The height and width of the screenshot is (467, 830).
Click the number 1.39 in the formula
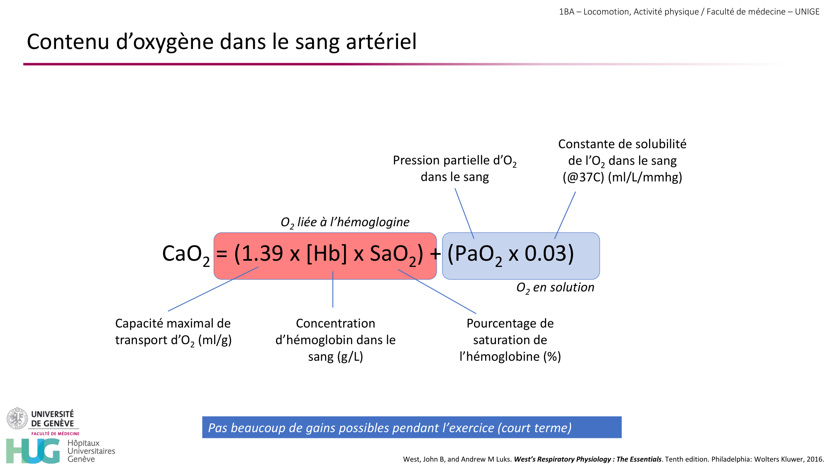(x=262, y=254)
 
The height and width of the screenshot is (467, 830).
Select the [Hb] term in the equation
(x=326, y=254)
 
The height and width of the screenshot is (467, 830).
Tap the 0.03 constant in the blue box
(x=546, y=254)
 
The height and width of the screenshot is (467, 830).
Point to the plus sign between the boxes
(x=435, y=254)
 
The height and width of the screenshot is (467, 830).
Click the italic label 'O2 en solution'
(x=555, y=287)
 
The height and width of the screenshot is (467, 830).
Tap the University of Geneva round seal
(x=17, y=418)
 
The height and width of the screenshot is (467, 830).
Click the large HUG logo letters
(x=33, y=451)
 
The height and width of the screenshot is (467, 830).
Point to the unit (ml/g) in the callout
(x=215, y=340)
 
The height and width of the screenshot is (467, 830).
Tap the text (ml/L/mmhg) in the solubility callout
(x=645, y=177)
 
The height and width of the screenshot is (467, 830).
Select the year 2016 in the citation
(x=815, y=459)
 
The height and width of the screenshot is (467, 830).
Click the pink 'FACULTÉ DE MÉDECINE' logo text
(x=55, y=433)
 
